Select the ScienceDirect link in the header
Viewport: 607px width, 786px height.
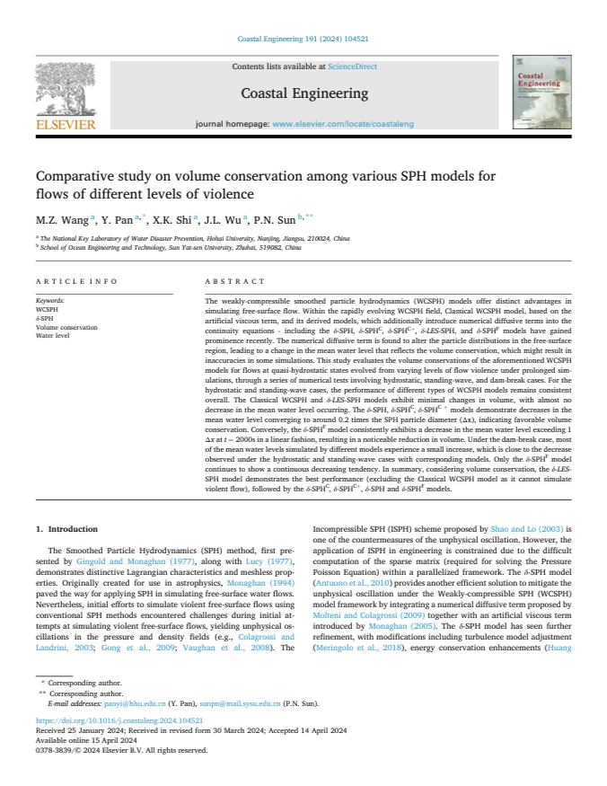353,66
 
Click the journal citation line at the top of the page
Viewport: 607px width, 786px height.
303,40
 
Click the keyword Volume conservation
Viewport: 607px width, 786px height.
66,327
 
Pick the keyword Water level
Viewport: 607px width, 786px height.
53,335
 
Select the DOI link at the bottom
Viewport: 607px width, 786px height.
119,746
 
